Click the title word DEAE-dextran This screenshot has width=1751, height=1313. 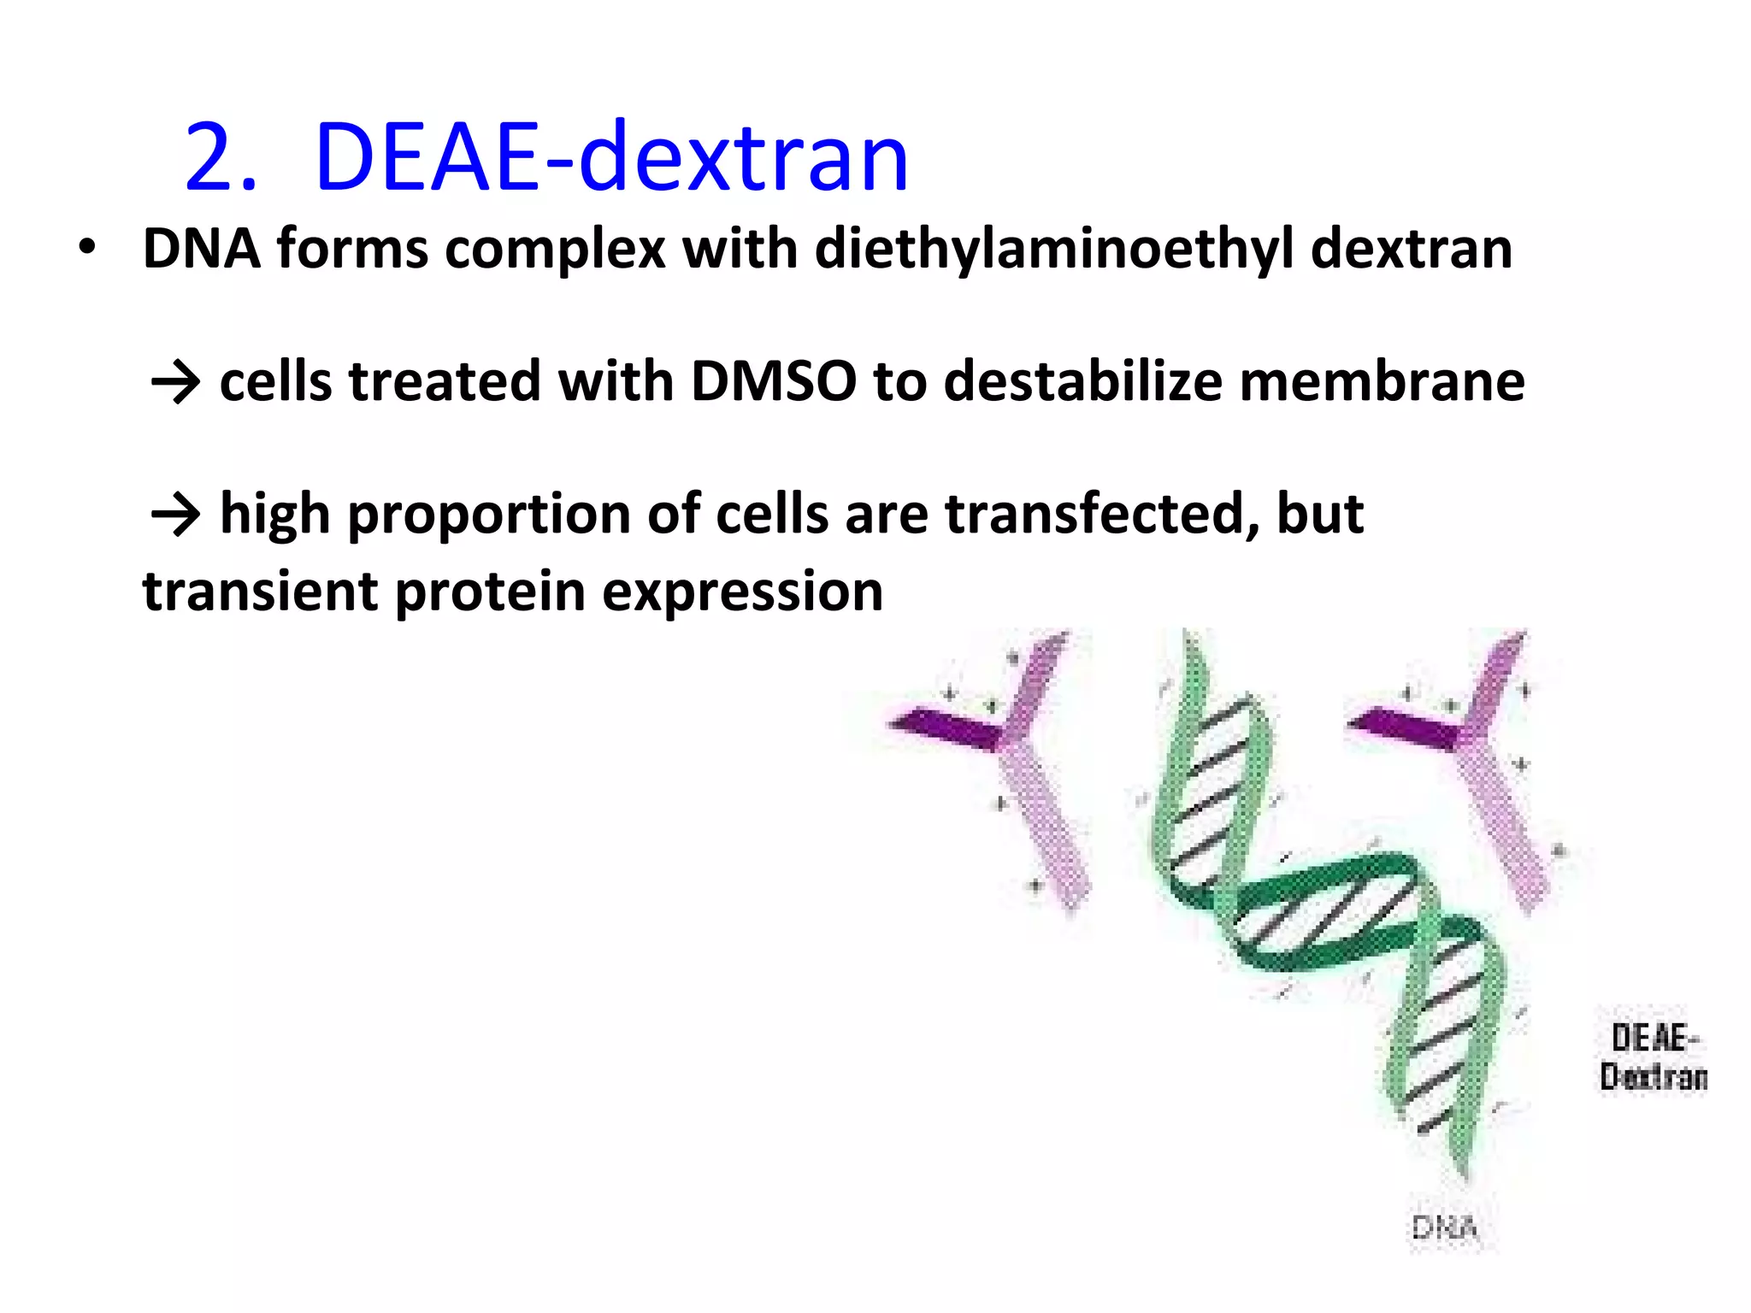coord(611,158)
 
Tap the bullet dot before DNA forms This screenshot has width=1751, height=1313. coord(86,247)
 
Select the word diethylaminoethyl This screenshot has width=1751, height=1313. coord(1054,250)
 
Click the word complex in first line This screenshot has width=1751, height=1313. coord(555,250)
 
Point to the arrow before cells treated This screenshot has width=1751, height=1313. coord(175,382)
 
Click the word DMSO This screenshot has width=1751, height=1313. coord(773,381)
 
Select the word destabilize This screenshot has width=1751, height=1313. coord(1083,381)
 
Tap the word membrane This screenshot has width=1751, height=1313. coord(1382,381)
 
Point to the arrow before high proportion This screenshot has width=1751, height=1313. coord(175,515)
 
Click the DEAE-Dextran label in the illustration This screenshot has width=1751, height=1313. coord(1653,1057)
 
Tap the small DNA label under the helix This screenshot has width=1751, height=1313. coord(1444,1228)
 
